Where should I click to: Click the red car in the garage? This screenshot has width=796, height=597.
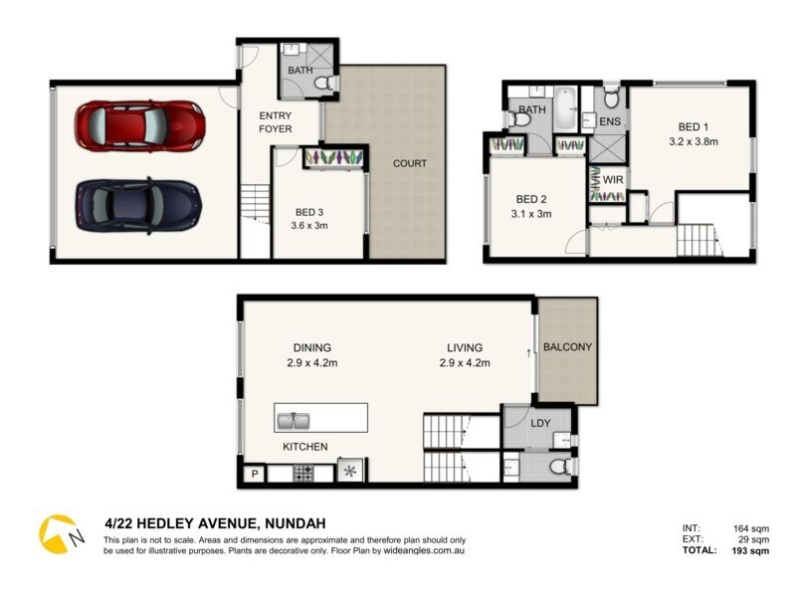[139, 126]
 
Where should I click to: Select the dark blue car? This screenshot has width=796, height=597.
[137, 205]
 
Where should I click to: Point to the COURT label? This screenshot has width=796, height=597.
[409, 163]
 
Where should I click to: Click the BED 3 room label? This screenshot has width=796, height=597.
[311, 218]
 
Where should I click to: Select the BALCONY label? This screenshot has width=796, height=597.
[567, 347]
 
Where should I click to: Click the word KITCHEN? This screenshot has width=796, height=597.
[304, 447]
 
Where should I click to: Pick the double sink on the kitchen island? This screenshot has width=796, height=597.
[296, 419]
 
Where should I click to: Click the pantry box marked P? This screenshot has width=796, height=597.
[254, 473]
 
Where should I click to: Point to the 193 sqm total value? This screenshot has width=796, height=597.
[747, 550]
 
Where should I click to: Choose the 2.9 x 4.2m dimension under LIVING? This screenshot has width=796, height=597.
[464, 362]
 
